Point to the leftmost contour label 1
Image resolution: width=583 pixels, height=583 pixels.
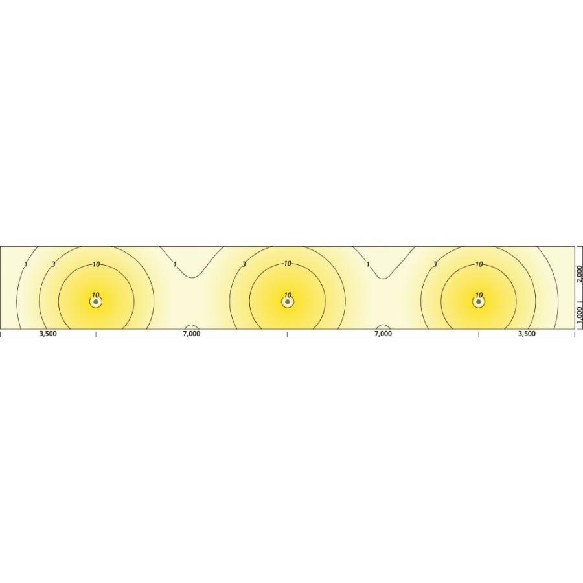(x=25, y=264)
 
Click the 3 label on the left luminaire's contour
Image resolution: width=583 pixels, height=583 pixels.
(x=54, y=264)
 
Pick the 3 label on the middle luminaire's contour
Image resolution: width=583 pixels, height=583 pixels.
(x=244, y=264)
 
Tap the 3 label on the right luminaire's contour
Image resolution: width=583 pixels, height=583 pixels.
(x=435, y=264)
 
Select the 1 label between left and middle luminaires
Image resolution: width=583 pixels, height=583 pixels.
(x=175, y=264)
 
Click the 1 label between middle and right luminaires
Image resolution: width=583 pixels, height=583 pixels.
(x=368, y=264)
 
